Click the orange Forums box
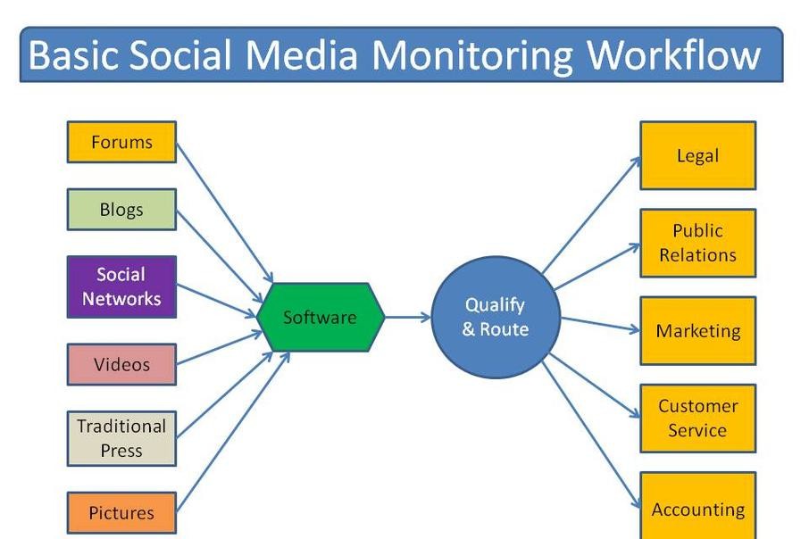tap(121, 142)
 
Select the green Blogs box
tap(121, 210)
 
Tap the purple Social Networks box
tap(121, 286)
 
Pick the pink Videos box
tap(121, 365)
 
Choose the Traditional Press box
tap(121, 438)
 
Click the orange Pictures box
tap(121, 513)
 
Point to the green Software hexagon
tap(321, 317)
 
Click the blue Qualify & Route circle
tap(496, 317)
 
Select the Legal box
tap(698, 155)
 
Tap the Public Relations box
tap(698, 243)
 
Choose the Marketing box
tap(698, 330)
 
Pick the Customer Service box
tap(698, 419)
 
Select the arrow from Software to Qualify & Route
tap(407, 317)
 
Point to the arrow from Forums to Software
tap(224, 212)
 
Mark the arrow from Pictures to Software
tap(233, 432)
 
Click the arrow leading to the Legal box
tap(591, 214)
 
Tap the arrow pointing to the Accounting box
tap(591, 435)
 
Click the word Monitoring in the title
tap(472, 55)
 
